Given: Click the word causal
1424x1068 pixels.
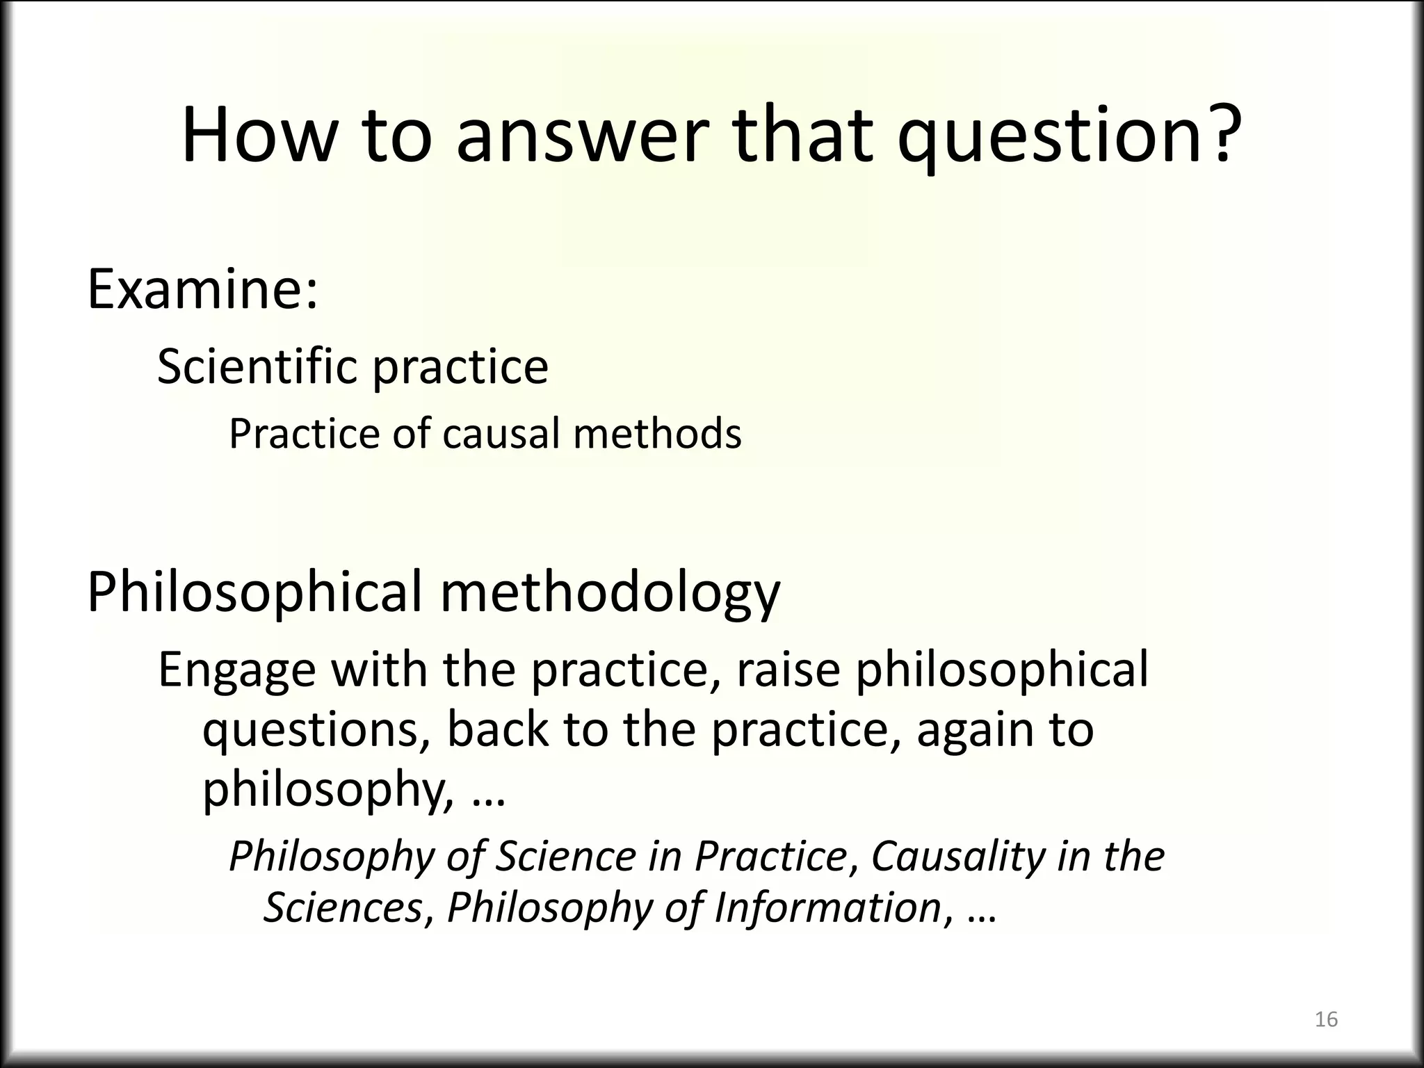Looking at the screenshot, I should [501, 434].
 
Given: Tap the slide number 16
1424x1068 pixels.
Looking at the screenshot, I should [1326, 1019].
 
